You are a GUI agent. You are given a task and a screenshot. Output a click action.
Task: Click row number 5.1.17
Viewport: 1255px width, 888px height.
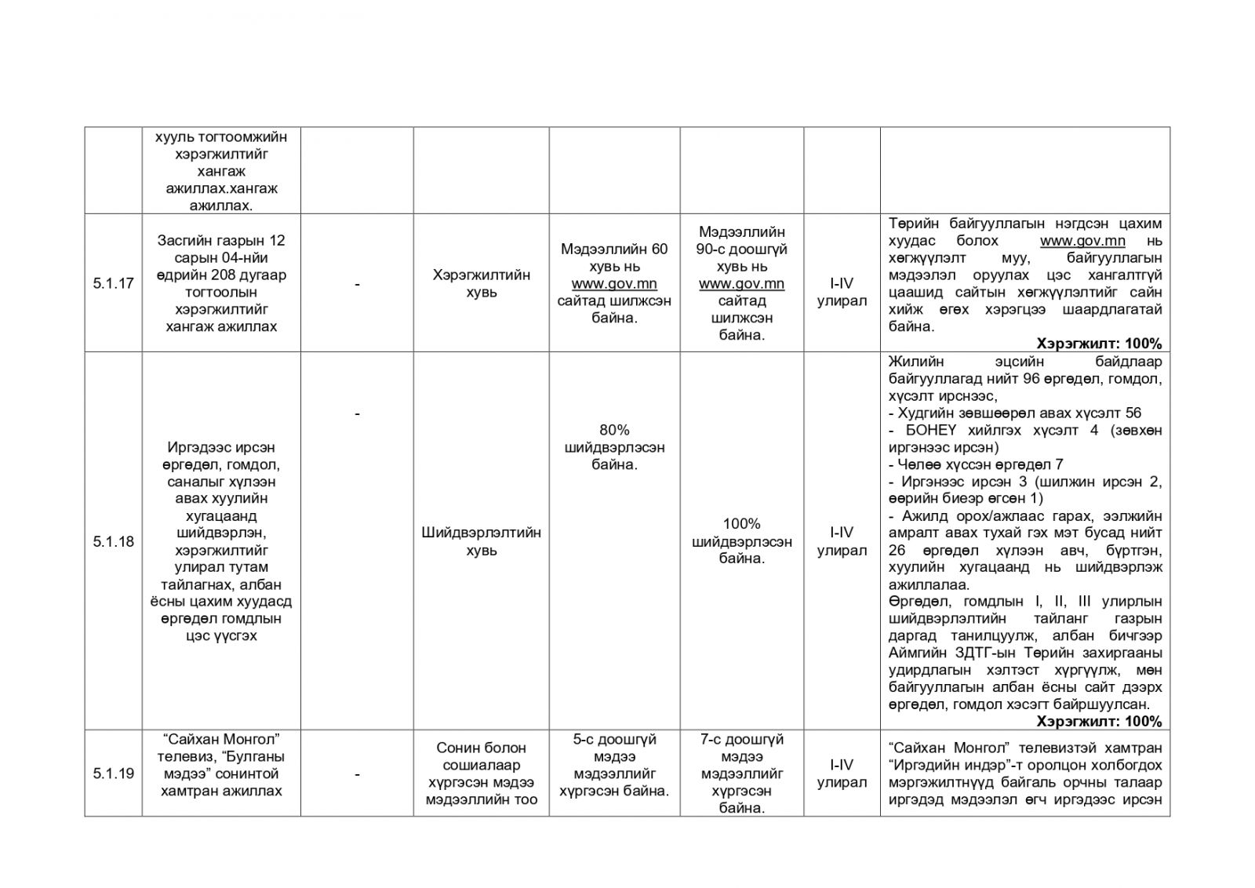pyautogui.click(x=113, y=284)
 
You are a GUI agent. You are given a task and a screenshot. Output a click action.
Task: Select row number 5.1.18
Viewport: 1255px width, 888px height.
pyautogui.click(x=113, y=541)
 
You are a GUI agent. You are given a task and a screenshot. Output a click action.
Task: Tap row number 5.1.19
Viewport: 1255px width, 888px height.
pyautogui.click(x=113, y=773)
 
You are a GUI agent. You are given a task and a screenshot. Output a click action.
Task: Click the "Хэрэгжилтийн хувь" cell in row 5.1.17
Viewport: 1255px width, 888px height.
pyautogui.click(x=481, y=284)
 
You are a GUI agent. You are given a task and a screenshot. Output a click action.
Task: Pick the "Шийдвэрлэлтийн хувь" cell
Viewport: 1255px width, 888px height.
pyautogui.click(x=481, y=541)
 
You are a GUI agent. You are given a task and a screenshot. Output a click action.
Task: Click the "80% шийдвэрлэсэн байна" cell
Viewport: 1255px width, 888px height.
pyautogui.click(x=614, y=447)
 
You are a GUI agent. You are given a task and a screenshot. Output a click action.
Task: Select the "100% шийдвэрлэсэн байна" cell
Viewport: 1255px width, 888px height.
pyautogui.click(x=741, y=541)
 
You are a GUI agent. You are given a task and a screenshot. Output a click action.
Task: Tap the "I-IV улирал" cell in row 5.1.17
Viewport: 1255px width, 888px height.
pyautogui.click(x=841, y=293)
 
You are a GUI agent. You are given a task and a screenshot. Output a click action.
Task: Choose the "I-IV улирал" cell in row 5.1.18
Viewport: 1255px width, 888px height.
pyautogui.click(x=841, y=541)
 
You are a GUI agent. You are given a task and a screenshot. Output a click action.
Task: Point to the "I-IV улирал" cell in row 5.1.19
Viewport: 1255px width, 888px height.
pyautogui.click(x=841, y=773)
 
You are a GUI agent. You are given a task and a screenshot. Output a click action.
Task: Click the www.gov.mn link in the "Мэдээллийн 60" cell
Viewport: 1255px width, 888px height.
pyautogui.click(x=614, y=284)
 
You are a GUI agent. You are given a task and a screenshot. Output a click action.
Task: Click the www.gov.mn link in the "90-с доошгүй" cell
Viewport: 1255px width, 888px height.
pyautogui.click(x=741, y=284)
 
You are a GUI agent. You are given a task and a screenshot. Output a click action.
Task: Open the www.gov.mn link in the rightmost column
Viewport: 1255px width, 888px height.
pyautogui.click(x=1082, y=241)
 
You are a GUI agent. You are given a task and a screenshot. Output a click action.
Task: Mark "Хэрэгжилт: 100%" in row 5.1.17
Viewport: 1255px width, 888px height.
pyautogui.click(x=1098, y=344)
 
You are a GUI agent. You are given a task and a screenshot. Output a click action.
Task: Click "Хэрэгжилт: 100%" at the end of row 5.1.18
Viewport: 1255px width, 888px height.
pyautogui.click(x=1098, y=722)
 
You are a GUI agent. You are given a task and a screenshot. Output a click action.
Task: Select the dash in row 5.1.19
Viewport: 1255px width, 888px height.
pyautogui.click(x=357, y=774)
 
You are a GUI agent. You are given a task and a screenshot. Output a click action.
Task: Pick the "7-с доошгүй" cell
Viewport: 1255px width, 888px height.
pyautogui.click(x=741, y=773)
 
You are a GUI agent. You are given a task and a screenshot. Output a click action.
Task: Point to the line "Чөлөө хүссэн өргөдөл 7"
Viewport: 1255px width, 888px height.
pyautogui.click(x=976, y=464)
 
